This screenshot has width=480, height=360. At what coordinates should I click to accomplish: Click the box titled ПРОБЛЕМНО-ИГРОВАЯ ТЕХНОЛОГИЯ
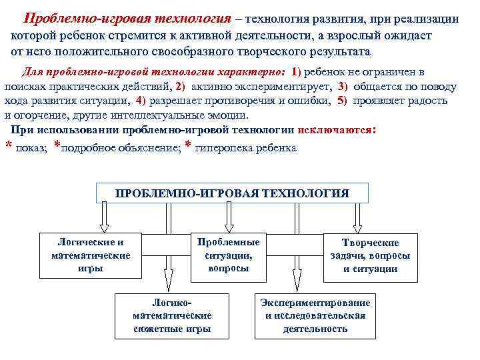[232, 193]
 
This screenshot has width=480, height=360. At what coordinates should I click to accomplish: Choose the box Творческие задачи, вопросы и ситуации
[370, 256]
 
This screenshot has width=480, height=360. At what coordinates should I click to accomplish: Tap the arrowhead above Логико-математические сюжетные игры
[169, 280]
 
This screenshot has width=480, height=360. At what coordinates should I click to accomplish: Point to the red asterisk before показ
[9, 148]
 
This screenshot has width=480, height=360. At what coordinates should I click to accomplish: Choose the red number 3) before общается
[343, 87]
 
